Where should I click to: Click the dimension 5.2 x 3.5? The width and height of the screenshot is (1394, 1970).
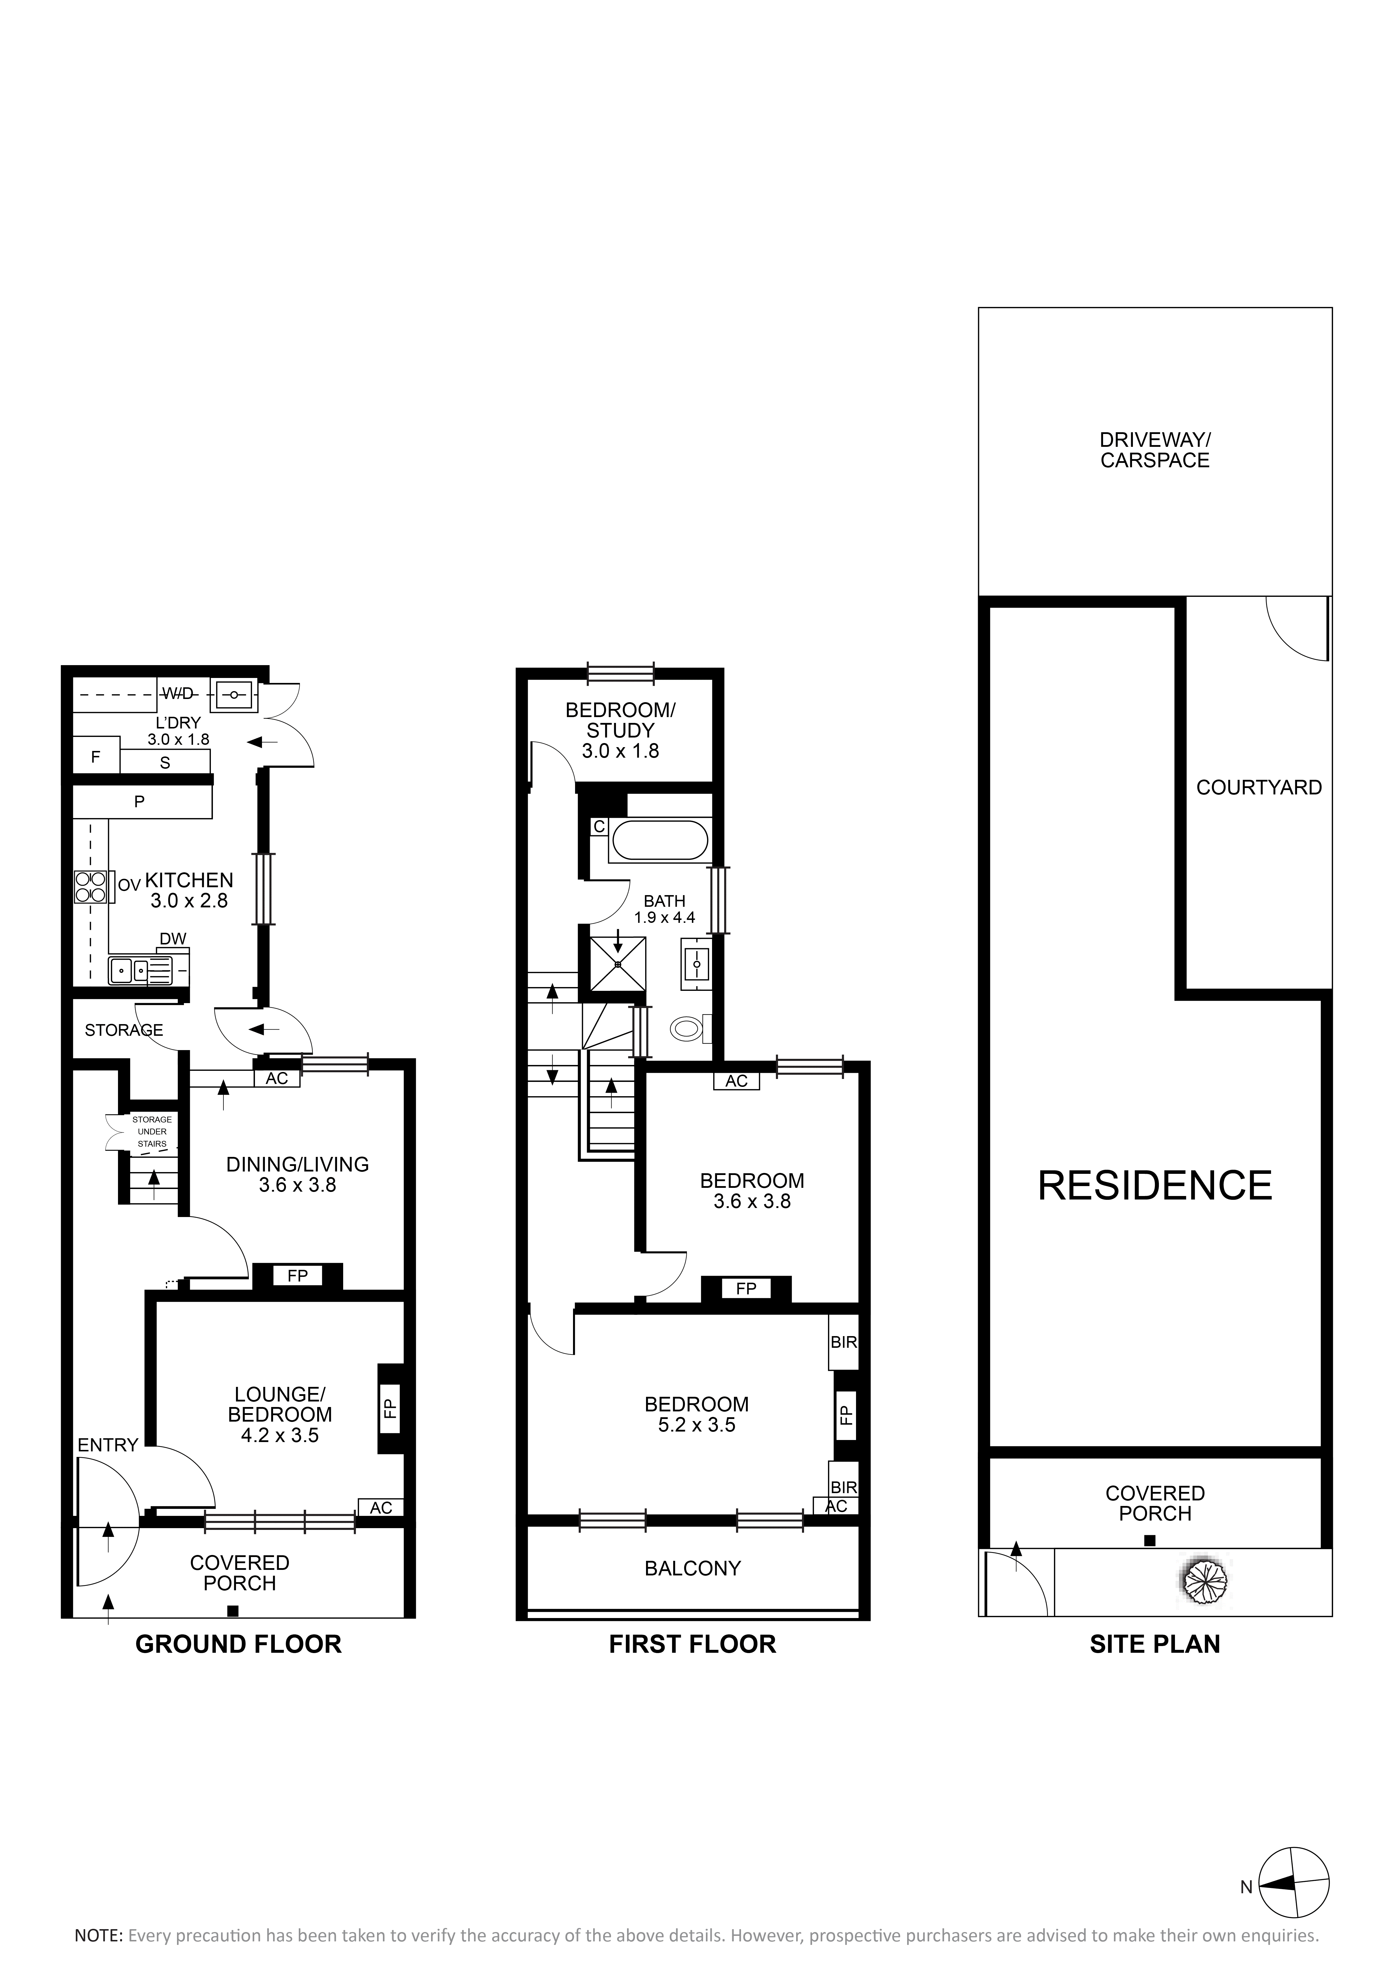697,1425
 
